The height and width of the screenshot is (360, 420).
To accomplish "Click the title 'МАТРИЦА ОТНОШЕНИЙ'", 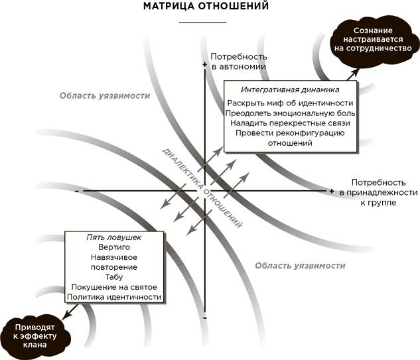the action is click(x=206, y=6).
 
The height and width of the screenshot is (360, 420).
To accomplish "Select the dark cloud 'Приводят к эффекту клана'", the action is click(x=35, y=336).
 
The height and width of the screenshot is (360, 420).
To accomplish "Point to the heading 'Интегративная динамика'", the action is click(x=290, y=90).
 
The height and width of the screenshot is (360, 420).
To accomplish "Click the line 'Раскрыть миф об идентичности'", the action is click(x=290, y=103).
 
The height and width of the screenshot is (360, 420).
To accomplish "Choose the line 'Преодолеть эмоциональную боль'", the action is click(x=290, y=113).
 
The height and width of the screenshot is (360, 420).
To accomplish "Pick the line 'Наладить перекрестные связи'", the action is click(x=290, y=123).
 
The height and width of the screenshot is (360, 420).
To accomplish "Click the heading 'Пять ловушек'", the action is click(x=114, y=237).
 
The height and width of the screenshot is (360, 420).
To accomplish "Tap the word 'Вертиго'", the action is click(x=114, y=247).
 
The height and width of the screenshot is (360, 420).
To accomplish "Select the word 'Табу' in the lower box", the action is click(x=114, y=277).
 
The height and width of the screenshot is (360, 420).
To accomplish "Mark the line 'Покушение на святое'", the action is click(x=114, y=287).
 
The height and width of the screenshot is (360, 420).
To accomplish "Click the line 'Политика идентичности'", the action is click(x=114, y=297).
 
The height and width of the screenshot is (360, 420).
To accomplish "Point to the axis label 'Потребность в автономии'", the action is click(x=239, y=62).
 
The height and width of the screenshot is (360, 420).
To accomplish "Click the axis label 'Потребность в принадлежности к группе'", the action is click(x=378, y=192).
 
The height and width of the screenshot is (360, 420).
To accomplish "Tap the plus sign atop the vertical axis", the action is click(x=204, y=64).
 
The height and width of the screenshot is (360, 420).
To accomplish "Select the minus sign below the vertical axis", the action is click(x=205, y=318).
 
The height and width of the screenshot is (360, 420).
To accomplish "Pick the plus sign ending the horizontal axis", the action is click(x=332, y=191).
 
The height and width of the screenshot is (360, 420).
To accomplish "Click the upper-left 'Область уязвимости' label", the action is click(x=105, y=96).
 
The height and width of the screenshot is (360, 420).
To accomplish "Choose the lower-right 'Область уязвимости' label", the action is click(x=300, y=266).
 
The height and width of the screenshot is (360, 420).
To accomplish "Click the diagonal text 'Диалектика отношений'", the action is click(x=202, y=188).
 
